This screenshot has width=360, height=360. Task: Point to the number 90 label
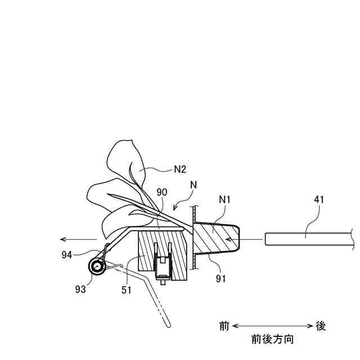tap(161, 193)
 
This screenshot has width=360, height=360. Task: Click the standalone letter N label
tap(194, 184)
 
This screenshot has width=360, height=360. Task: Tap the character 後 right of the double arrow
tap(320, 326)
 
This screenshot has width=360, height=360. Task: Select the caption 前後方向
tap(272, 340)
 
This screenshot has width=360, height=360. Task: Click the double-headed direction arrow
tap(272, 326)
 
